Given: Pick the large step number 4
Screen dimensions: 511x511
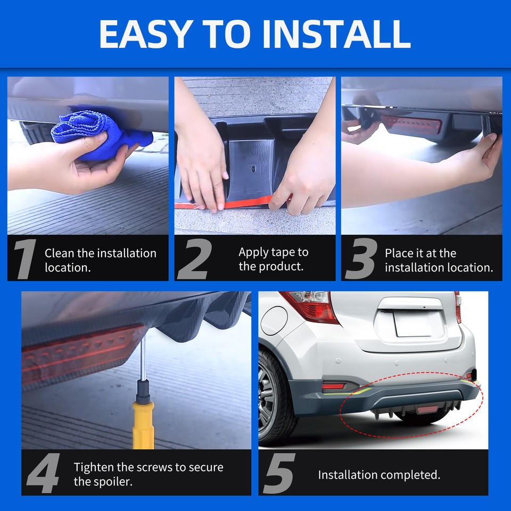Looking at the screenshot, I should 43,473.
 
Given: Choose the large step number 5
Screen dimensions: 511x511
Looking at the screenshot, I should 279,473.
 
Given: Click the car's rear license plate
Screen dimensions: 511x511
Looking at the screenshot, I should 411,324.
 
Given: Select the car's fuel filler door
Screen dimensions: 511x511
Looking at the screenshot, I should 274,320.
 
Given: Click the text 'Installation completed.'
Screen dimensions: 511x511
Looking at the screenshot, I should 379,474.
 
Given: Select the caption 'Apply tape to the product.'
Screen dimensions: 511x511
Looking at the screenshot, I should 273,259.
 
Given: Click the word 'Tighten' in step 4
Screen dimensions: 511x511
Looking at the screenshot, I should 94,467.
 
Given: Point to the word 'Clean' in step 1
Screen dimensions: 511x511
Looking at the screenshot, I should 60,253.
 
